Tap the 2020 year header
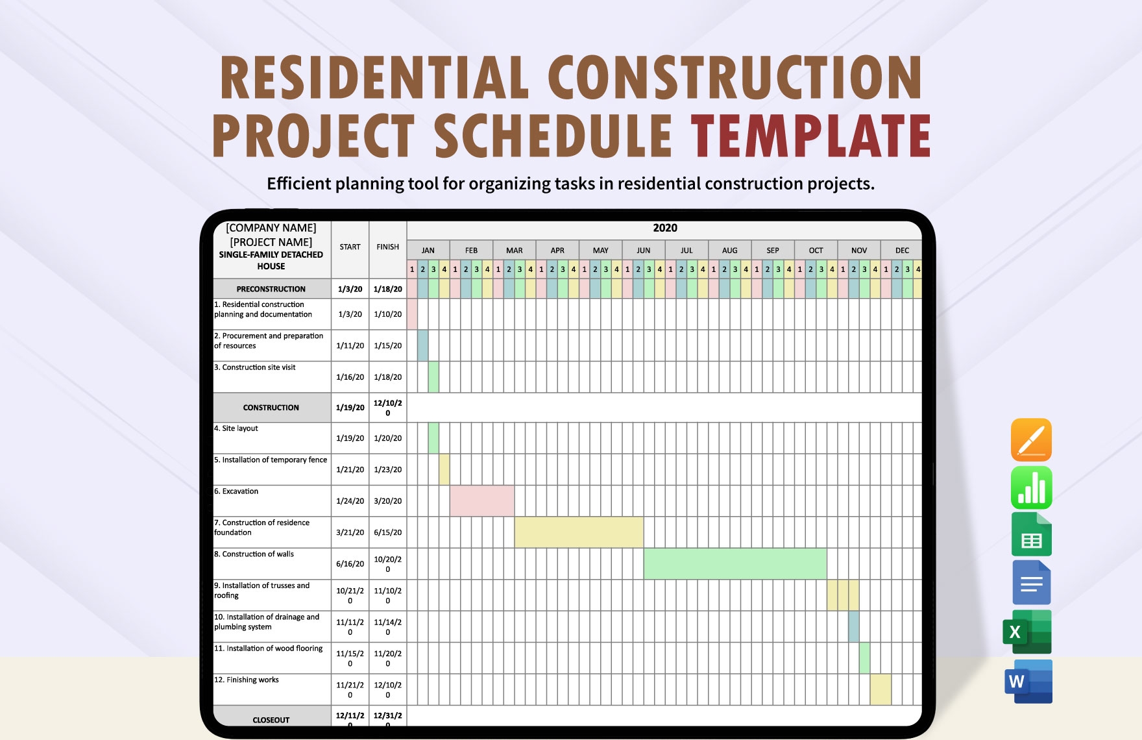coord(664,228)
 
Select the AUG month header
coord(729,251)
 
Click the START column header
coord(350,247)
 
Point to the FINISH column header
coord(387,247)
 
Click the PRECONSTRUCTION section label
coord(271,289)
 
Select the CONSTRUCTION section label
coord(271,408)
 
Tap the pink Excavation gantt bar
coord(481,500)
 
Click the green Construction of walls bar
coord(735,563)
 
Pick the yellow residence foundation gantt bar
coord(578,532)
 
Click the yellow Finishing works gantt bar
coord(880,689)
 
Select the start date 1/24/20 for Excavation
coord(350,501)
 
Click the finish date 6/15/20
coord(387,532)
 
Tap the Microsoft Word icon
coord(1028,682)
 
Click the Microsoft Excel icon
coord(1028,632)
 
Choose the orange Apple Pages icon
coord(1031,439)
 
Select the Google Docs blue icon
coord(1031,583)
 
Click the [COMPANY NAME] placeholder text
coord(271,228)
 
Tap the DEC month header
coord(902,251)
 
